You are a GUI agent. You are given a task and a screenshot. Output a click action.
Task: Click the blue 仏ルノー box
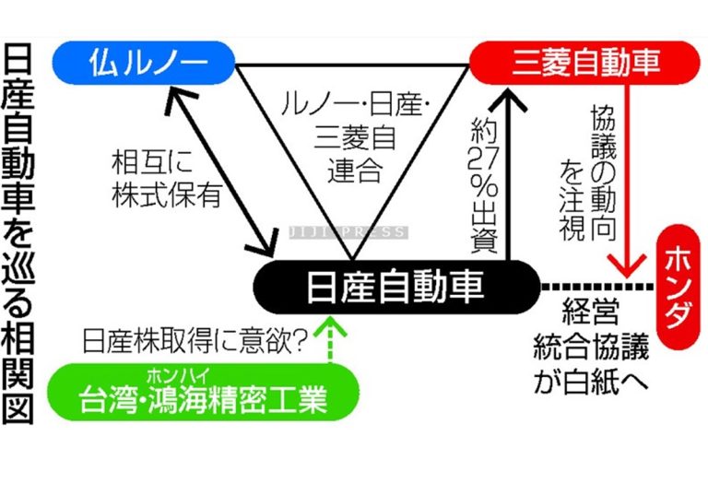coord(144,63)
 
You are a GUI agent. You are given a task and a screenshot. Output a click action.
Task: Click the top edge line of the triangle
coord(350,65)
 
